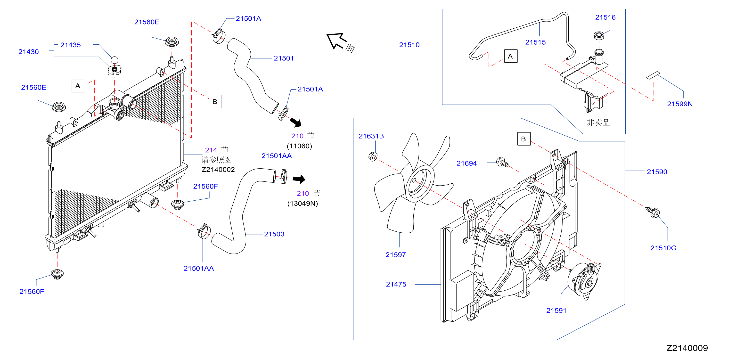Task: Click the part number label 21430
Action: coord(29,52)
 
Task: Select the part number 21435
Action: coord(71,45)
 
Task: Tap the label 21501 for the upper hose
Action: coord(284,58)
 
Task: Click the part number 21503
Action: coord(274,234)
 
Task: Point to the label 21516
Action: coord(605,17)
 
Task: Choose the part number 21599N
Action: coord(680,104)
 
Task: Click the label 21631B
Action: coord(371,136)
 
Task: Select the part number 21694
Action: coord(466,164)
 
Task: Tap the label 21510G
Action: coord(663,248)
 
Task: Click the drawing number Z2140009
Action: coord(687,348)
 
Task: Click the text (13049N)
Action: coord(303,204)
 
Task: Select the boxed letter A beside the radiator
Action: coord(78,86)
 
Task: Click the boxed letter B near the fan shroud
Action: coord(524,139)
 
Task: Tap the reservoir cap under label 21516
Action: coord(599,36)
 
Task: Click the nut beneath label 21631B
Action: coord(373,156)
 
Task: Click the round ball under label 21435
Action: coord(114,60)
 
